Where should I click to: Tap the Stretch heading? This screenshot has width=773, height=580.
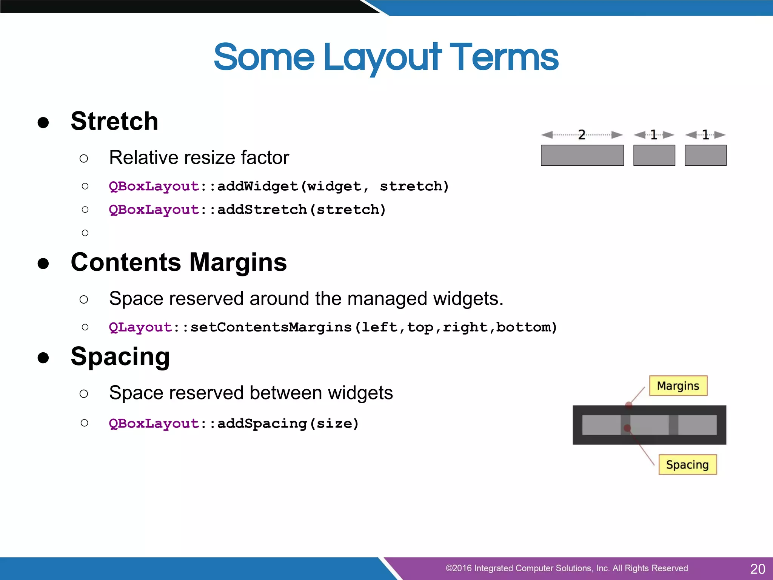point(114,121)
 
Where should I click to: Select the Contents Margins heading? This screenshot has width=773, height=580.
point(179,262)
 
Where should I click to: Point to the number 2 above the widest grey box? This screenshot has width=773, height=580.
point(582,135)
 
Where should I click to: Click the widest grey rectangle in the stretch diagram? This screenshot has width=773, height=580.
point(582,155)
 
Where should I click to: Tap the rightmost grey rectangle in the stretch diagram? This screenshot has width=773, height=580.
point(705,155)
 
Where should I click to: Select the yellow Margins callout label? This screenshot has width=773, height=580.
point(678,386)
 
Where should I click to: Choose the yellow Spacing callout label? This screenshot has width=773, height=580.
point(687,464)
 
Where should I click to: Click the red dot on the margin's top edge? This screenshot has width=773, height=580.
point(628,406)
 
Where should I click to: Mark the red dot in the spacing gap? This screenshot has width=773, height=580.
point(627,428)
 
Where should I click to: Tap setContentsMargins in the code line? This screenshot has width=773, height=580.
point(271,327)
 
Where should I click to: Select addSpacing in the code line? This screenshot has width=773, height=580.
point(262,424)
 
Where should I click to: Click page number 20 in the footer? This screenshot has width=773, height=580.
point(757,569)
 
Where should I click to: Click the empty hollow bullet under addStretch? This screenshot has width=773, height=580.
point(85,233)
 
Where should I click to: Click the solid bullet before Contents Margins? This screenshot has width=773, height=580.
point(43,263)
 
